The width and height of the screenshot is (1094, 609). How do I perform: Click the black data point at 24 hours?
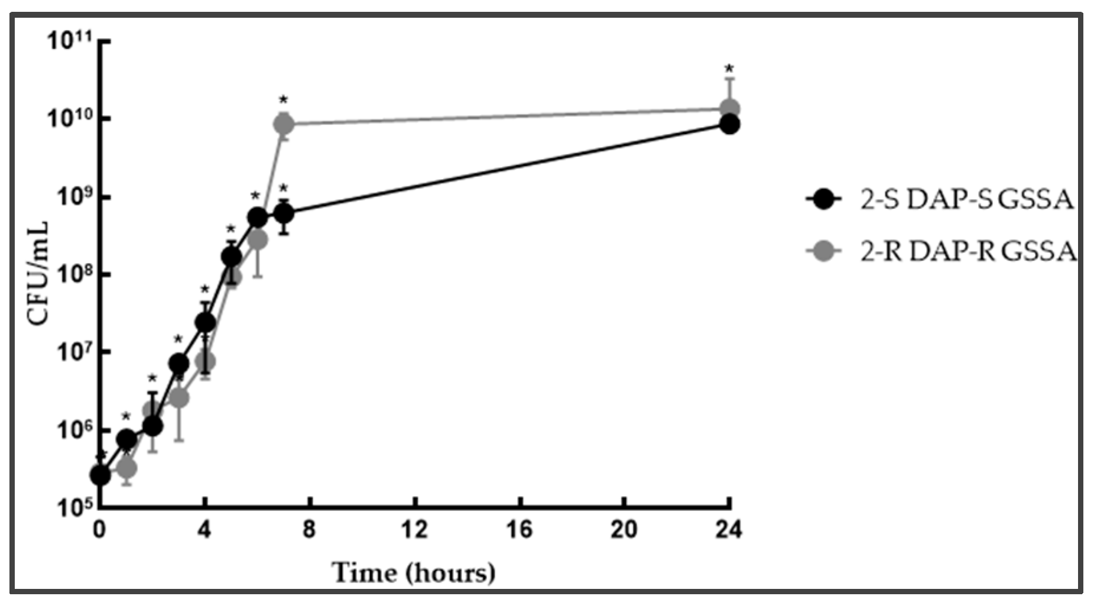729,124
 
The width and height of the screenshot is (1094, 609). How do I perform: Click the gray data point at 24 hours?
729,109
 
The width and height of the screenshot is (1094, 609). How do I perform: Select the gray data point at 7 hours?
284,124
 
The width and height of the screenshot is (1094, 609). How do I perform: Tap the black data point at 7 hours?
284,213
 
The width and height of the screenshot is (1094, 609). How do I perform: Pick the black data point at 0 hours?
100,475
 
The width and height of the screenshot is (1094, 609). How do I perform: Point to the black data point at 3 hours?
178,363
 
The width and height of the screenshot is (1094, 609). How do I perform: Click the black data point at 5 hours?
231,257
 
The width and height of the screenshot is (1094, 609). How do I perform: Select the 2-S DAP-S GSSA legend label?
966,200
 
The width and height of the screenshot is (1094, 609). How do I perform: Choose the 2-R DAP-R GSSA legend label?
968,252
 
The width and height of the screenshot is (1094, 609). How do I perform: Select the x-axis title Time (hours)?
413,573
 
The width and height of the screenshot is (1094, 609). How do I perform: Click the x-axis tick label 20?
624,530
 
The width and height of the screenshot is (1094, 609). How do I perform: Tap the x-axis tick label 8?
309,530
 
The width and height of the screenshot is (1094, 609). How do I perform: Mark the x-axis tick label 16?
520,530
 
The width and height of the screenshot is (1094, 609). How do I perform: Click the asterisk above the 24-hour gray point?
729,69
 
